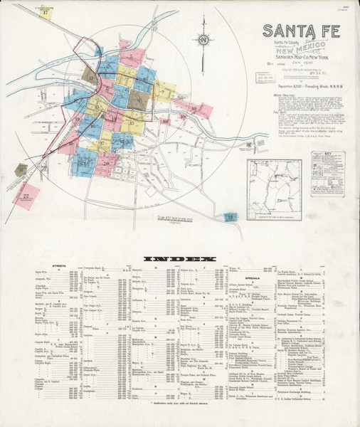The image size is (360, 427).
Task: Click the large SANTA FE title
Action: pos(301,31)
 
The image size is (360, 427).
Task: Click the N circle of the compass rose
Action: pos(204,41)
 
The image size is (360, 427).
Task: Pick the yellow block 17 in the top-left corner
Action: pos(47,12)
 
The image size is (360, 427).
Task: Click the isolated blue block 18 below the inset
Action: pos(231,217)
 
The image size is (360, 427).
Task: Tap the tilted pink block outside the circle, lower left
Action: pos(26,195)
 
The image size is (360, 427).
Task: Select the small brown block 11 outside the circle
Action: pos(21,170)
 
